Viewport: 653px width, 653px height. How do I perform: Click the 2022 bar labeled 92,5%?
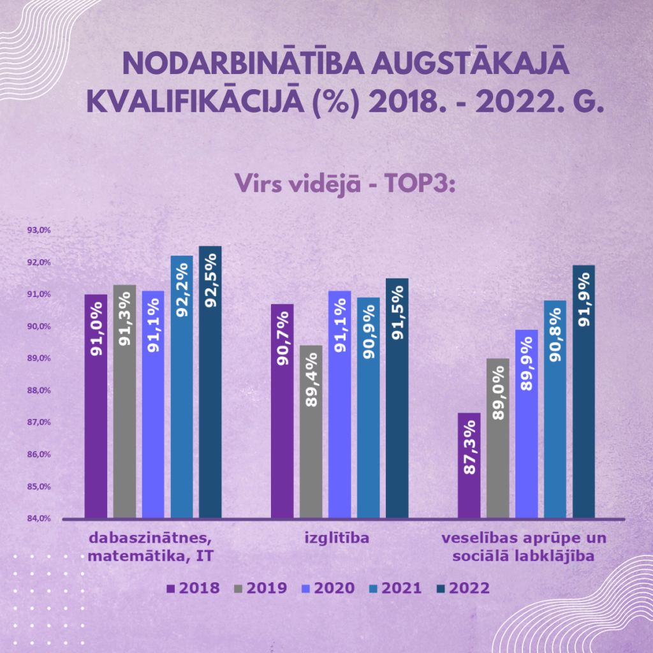click(x=210, y=383)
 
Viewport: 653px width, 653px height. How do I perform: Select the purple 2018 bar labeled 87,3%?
click(x=469, y=466)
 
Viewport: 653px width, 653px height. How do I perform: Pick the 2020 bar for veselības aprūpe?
click(x=527, y=424)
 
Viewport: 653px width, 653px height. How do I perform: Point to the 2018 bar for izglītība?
click(x=282, y=411)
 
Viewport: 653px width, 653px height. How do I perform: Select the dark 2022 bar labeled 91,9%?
click(x=583, y=392)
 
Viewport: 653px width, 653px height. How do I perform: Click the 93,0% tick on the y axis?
click(x=39, y=230)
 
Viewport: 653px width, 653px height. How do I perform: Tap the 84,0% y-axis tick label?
click(x=39, y=518)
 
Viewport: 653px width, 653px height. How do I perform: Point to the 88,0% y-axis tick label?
click(x=39, y=390)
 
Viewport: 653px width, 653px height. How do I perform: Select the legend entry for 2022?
click(x=463, y=588)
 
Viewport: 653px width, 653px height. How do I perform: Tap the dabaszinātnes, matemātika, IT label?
click(x=150, y=547)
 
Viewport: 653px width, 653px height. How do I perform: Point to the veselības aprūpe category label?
click(x=524, y=547)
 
